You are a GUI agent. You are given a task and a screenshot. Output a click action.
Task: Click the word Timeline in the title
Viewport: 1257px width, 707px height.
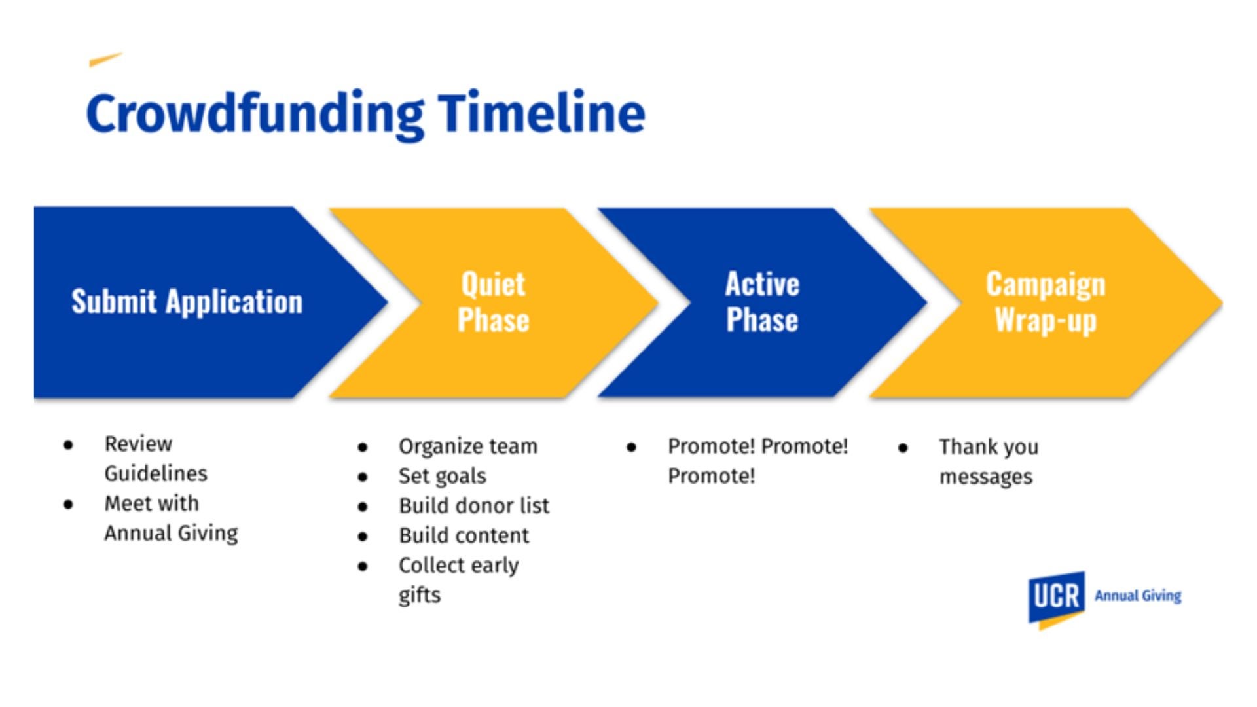coord(541,113)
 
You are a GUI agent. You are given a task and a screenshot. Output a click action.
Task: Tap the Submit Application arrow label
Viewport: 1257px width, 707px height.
coord(187,302)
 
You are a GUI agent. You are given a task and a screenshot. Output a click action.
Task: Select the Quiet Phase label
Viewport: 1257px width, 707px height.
coord(493,302)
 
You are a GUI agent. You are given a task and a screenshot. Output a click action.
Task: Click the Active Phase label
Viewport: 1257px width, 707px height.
coord(762,302)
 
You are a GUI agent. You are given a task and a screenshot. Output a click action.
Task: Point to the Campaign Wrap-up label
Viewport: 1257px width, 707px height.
coord(1046,302)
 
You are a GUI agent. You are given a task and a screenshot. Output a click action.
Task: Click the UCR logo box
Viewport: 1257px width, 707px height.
coord(1056,597)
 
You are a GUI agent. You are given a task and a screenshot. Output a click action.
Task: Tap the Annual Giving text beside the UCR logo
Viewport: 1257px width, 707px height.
coord(1138,596)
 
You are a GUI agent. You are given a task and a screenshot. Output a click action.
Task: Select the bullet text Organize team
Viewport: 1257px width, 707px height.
coord(467,446)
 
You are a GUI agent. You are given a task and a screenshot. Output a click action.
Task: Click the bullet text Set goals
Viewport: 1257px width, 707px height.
coord(442,476)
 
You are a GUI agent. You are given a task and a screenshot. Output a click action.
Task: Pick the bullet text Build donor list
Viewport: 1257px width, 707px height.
coord(474,505)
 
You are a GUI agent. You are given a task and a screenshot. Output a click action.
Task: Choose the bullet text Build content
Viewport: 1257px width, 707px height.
coord(464,535)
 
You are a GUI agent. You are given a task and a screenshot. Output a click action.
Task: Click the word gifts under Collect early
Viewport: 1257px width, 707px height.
coord(419,595)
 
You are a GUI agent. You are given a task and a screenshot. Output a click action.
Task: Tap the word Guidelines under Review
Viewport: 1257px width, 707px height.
coord(156,473)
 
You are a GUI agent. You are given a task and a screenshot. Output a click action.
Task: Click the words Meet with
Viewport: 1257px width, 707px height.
coord(151,503)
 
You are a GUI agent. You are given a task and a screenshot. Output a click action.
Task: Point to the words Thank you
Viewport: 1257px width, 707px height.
coord(989,447)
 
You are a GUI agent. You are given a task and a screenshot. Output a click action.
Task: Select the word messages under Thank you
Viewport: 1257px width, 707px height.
coord(985,477)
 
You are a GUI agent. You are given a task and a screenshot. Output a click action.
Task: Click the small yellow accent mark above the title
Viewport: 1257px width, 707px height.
coord(105,60)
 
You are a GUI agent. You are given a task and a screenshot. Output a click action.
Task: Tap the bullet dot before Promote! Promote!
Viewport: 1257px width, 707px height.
coord(631,448)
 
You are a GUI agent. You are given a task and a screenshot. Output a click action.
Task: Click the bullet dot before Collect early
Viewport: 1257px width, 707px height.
coord(363,566)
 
